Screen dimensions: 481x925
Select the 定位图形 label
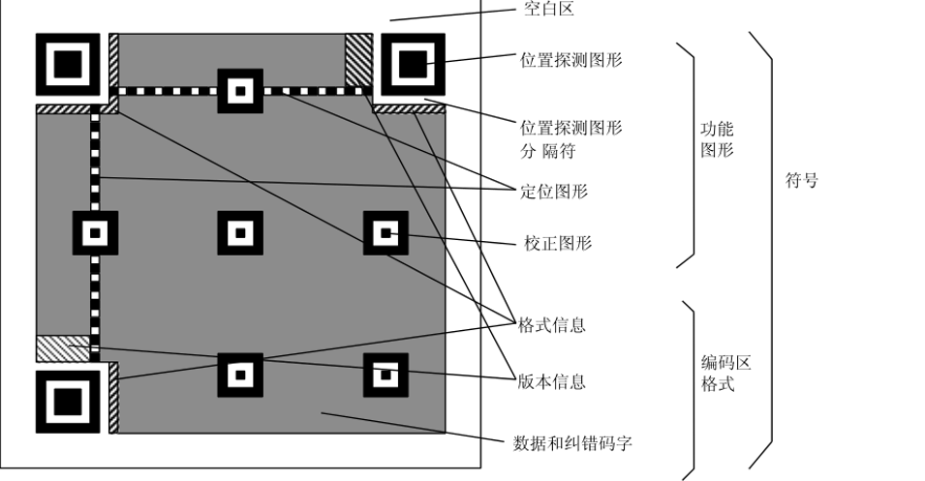pos(554,192)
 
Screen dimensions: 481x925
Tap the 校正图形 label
pos(558,243)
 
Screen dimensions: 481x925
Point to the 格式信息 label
pos(551,325)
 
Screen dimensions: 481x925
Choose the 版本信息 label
pos(551,381)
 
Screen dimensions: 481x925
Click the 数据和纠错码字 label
pos(573,443)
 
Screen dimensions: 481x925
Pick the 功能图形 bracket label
pos(718,139)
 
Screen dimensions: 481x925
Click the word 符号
pos(800,180)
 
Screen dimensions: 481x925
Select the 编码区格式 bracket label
pos(725,374)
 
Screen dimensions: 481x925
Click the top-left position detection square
pos(68,65)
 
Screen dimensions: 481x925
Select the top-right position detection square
pos(412,65)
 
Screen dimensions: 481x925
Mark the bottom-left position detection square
pos(68,400)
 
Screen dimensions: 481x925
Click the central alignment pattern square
pos(239,232)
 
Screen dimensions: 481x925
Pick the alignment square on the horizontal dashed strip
pos(239,91)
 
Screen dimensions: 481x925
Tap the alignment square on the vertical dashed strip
pos(95,232)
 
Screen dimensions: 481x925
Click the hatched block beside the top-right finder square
pos(359,57)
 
